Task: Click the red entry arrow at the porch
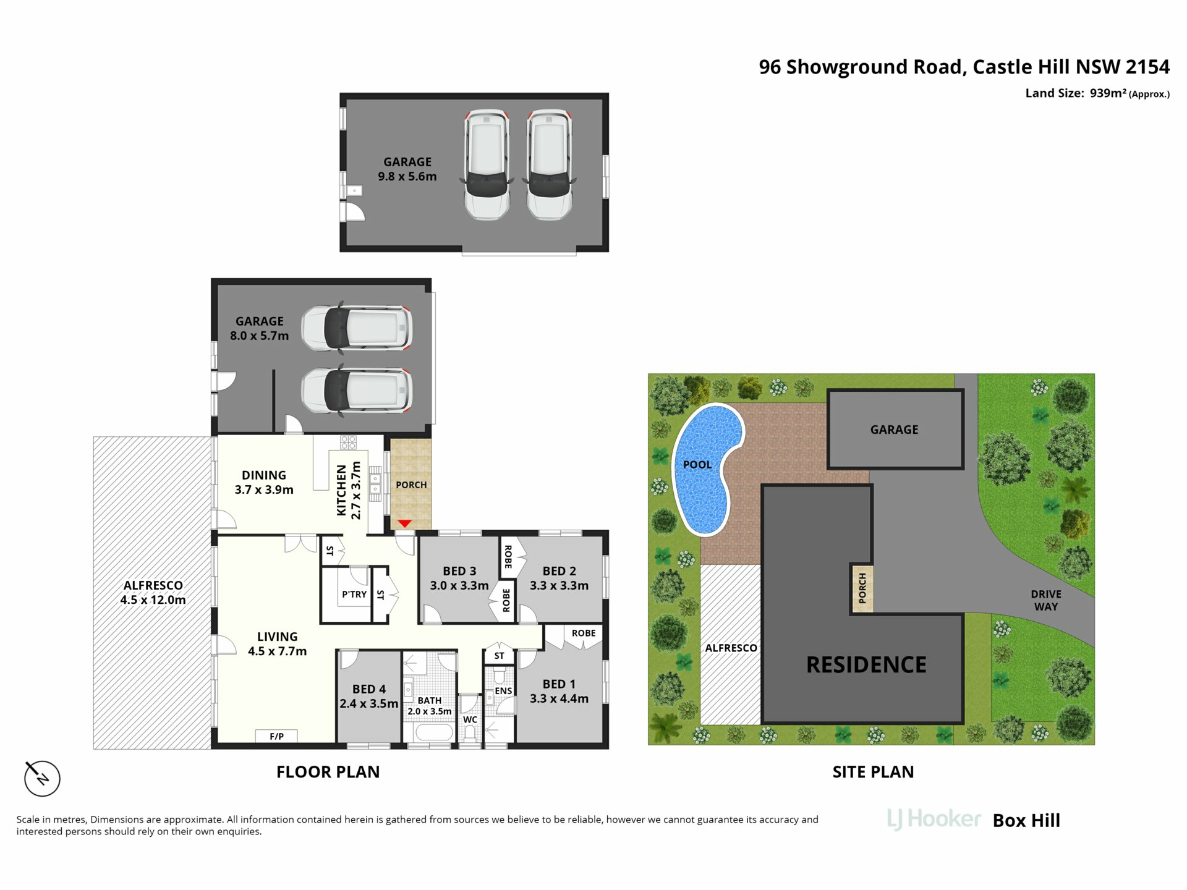404,523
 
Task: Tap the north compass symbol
42,778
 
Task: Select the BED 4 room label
369,689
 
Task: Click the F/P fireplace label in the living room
276,736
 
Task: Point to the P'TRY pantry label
354,594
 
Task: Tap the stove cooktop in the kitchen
348,443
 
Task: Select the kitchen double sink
375,483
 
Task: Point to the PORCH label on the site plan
862,588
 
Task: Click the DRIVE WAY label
1046,600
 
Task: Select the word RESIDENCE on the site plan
866,664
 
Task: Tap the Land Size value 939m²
1108,93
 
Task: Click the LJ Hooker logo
934,819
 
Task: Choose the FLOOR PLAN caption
328,772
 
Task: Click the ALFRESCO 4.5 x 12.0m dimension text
153,600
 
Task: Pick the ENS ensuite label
503,691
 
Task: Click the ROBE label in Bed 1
584,633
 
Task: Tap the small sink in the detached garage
354,190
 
